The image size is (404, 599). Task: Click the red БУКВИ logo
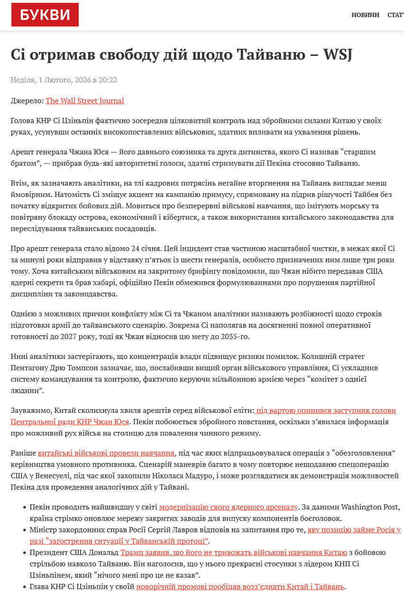click(45, 15)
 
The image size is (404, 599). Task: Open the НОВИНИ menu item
click(365, 15)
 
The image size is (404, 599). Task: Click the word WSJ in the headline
click(337, 55)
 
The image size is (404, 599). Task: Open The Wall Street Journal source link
click(85, 101)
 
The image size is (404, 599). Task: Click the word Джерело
click(27, 101)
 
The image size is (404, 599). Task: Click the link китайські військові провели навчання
click(107, 453)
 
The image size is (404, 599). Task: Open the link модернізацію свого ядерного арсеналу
click(229, 507)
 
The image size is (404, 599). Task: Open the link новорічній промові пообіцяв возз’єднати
click(240, 587)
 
